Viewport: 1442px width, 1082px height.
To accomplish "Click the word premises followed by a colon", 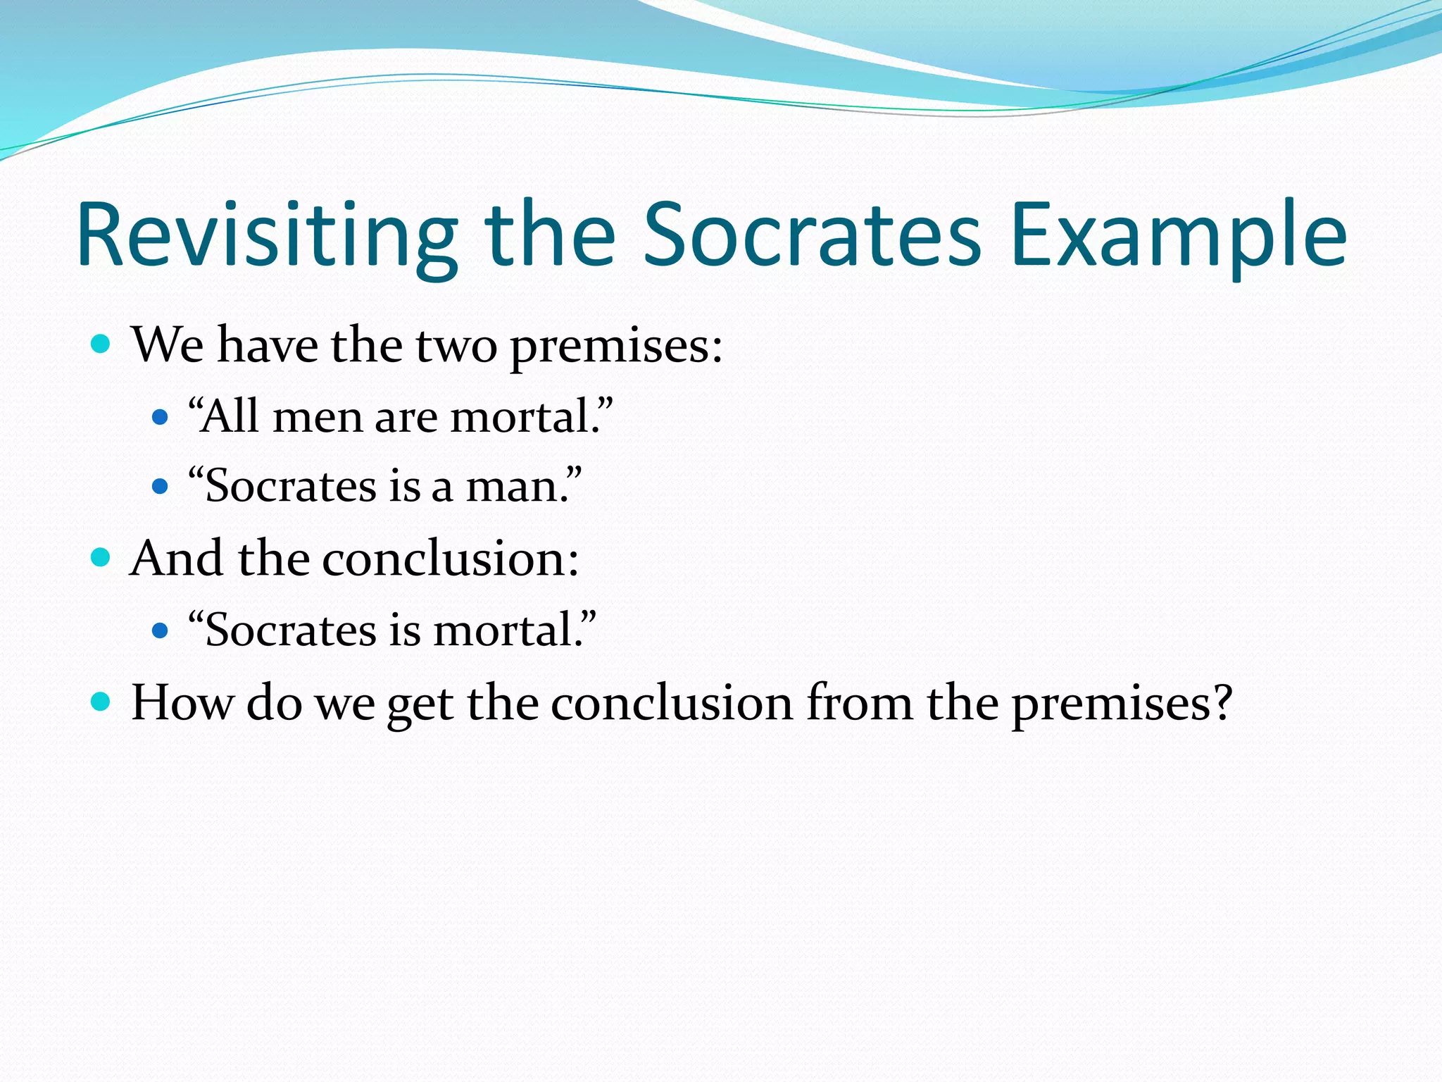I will [615, 347].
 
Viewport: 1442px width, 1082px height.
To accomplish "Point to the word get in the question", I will [420, 705].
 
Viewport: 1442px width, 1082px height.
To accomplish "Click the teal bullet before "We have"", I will [101, 344].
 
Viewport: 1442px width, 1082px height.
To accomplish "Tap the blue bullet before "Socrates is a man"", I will [161, 487].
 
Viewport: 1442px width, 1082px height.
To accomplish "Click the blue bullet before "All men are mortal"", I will [161, 417].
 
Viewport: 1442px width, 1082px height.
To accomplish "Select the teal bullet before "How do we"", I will [101, 702].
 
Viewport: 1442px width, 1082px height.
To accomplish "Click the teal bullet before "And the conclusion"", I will [101, 558].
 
